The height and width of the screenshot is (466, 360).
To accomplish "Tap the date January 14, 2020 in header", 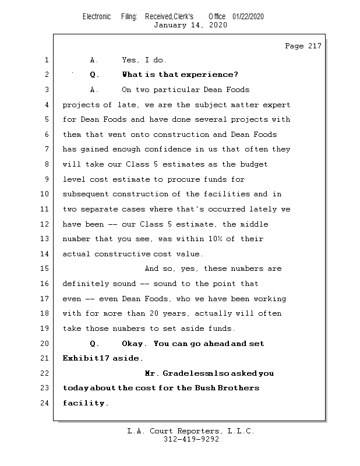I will coord(190,25).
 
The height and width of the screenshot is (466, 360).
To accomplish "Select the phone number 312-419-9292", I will coord(191,439).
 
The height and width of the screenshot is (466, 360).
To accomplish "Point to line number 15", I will coord(46,269).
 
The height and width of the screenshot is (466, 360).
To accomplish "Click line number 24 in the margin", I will coord(46,403).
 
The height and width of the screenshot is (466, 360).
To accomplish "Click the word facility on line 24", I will coord(85,403).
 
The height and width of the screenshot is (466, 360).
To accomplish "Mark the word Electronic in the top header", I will coord(97,17).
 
